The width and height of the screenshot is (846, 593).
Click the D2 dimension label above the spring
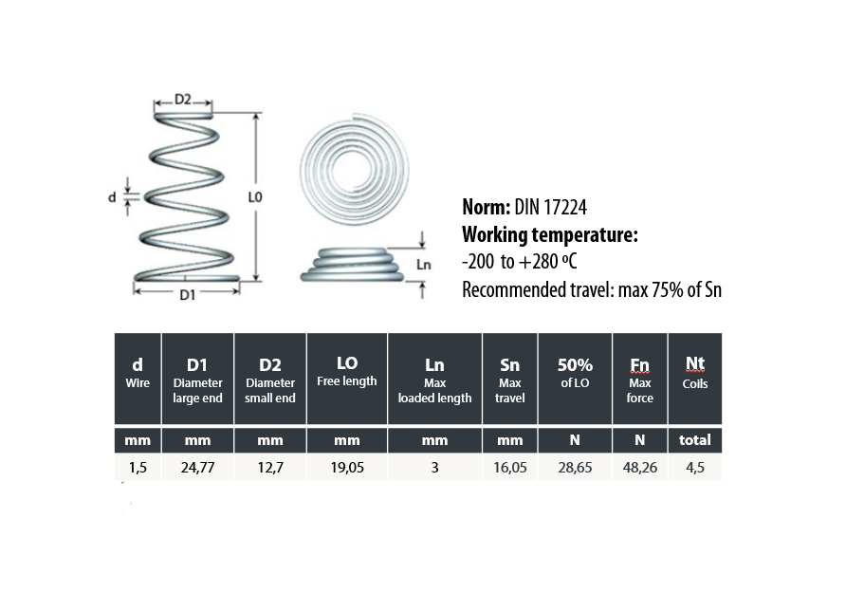[x=183, y=100]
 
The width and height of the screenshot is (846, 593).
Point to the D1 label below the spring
[x=187, y=295]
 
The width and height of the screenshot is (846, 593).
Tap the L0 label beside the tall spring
[x=255, y=197]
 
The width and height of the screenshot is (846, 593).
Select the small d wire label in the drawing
[x=112, y=197]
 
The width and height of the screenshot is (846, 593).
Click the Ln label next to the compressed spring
[x=424, y=265]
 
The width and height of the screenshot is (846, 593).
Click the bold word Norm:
[x=487, y=207]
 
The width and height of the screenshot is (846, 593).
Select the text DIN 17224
[x=550, y=207]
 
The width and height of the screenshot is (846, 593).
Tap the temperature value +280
[x=539, y=262]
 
